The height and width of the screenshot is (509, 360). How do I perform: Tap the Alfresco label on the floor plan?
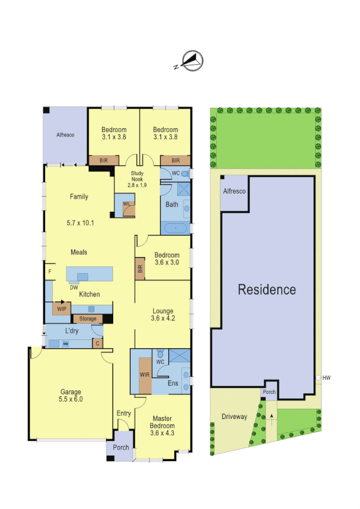click(65, 135)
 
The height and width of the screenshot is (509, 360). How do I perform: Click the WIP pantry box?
click(61, 309)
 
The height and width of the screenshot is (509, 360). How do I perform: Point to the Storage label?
click(87, 319)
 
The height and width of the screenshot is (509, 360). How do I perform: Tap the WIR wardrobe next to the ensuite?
click(144, 375)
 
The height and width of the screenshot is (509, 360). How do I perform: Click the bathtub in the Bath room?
click(175, 228)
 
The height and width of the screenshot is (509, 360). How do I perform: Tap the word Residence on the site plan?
click(267, 290)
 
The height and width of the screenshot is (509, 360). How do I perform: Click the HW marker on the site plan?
click(326, 378)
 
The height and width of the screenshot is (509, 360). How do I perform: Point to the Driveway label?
click(234, 417)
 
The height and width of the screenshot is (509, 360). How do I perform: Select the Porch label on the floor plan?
click(120, 447)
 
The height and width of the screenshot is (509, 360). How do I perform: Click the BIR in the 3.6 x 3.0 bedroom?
click(140, 269)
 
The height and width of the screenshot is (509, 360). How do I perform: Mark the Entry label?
click(124, 414)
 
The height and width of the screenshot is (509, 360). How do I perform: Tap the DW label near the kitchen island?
click(74, 287)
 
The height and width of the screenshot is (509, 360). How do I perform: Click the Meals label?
click(78, 252)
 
